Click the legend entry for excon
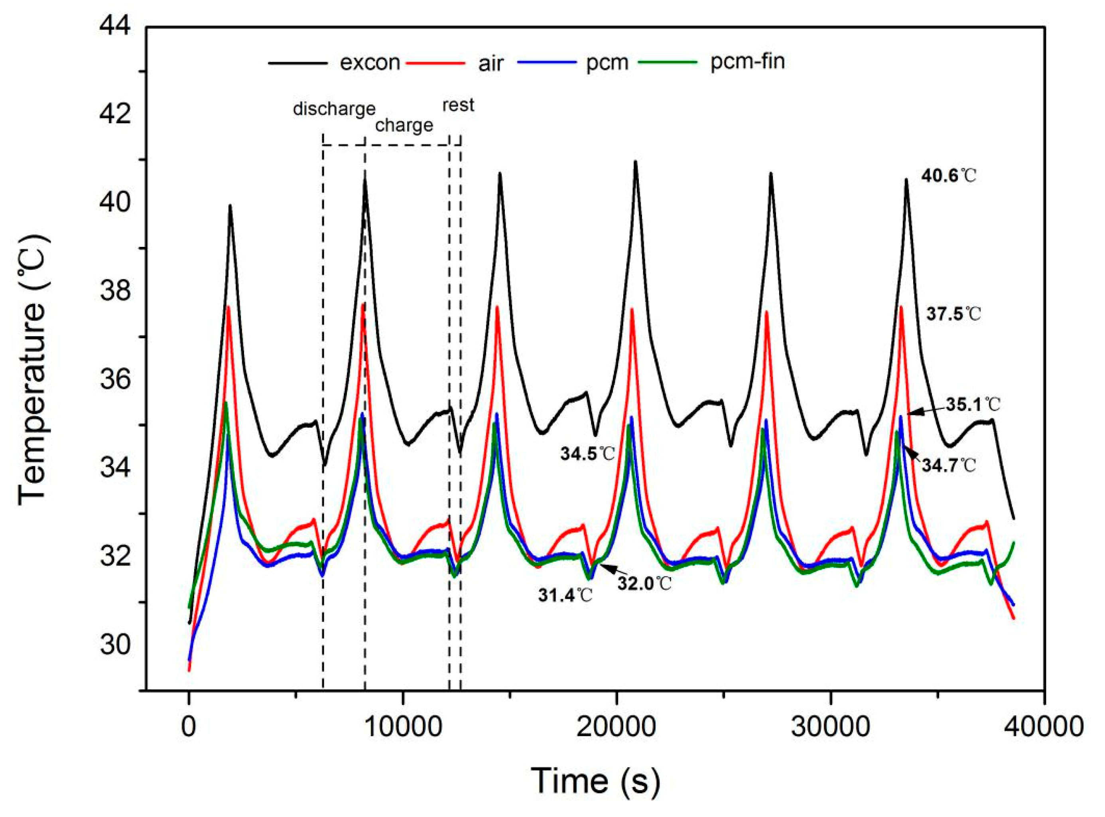pyautogui.click(x=370, y=63)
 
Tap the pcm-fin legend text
pyautogui.click(x=748, y=62)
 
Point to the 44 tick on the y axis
pyautogui.click(x=115, y=26)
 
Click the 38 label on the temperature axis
pyautogui.click(x=115, y=291)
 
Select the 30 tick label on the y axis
pyautogui.click(x=115, y=645)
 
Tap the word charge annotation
pyautogui.click(x=404, y=125)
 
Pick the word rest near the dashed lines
pyautogui.click(x=458, y=105)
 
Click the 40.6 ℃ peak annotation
pyautogui.click(x=949, y=176)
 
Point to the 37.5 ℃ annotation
pyautogui.click(x=953, y=314)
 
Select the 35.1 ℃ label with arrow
pyautogui.click(x=973, y=405)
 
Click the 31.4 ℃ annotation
pyautogui.click(x=565, y=596)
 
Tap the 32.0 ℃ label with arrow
pyautogui.click(x=644, y=584)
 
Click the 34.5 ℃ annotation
pyautogui.click(x=587, y=454)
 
